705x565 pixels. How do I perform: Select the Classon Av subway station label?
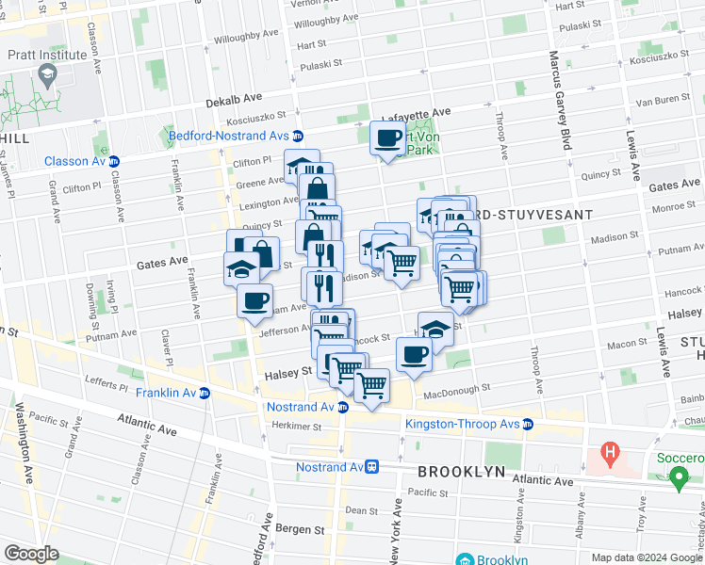click(75, 161)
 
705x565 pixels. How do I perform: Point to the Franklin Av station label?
click(165, 393)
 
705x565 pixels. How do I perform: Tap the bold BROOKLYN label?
click(462, 471)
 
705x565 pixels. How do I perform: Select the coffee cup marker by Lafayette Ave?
click(387, 139)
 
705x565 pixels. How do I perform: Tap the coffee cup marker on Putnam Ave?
click(254, 301)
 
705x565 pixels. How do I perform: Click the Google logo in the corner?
click(31, 554)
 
